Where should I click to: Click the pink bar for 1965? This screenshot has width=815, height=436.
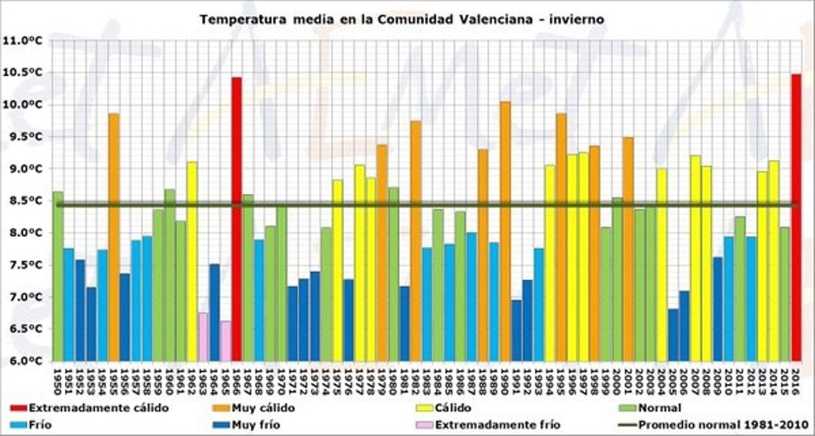tap(225, 341)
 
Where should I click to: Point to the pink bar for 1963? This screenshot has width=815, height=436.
tap(203, 337)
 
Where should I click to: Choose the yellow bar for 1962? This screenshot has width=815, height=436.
tap(192, 261)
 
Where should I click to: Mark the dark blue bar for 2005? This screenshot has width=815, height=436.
tap(673, 335)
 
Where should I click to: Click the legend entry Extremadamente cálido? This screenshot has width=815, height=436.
tap(89, 408)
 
